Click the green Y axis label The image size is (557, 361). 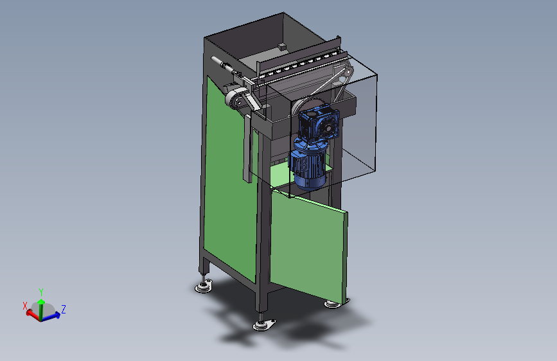point(41,292)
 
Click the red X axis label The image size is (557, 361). point(25,306)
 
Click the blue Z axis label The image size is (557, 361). point(64,309)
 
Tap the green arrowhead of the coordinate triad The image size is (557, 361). point(41,302)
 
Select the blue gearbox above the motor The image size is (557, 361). point(318,123)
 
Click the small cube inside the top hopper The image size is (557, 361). point(282,46)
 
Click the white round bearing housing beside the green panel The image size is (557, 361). point(236,99)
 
